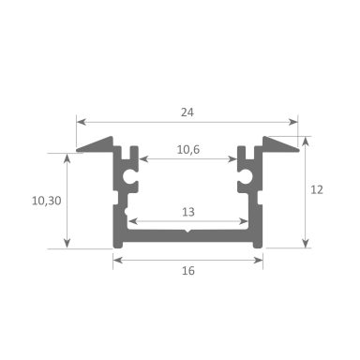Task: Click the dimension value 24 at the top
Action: pos(187,110)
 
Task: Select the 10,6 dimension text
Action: pos(187,147)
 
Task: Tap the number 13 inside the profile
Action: pos(187,211)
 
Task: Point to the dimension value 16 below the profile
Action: pos(187,271)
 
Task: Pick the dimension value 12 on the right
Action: pos(317,188)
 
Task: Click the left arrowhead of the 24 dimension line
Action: pos(81,121)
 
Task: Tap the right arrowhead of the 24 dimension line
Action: pos(294,121)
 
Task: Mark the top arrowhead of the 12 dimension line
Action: pos(306,138)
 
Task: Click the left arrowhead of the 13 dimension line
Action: pos(130,222)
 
